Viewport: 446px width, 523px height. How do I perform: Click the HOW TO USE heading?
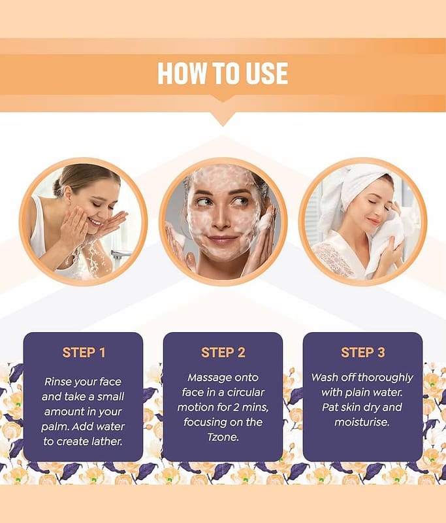223,73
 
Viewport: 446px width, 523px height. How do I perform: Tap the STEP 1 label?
84,352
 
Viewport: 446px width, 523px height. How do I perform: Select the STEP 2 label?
223,352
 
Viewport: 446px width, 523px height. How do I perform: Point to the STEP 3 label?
362,352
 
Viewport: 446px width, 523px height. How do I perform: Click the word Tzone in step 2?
223,437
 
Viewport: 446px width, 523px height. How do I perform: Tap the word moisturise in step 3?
362,422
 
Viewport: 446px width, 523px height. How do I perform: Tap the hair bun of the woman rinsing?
59,187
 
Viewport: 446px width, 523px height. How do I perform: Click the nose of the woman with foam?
221,220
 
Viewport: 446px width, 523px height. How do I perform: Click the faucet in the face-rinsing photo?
121,255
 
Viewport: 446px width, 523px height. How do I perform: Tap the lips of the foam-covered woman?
222,240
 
